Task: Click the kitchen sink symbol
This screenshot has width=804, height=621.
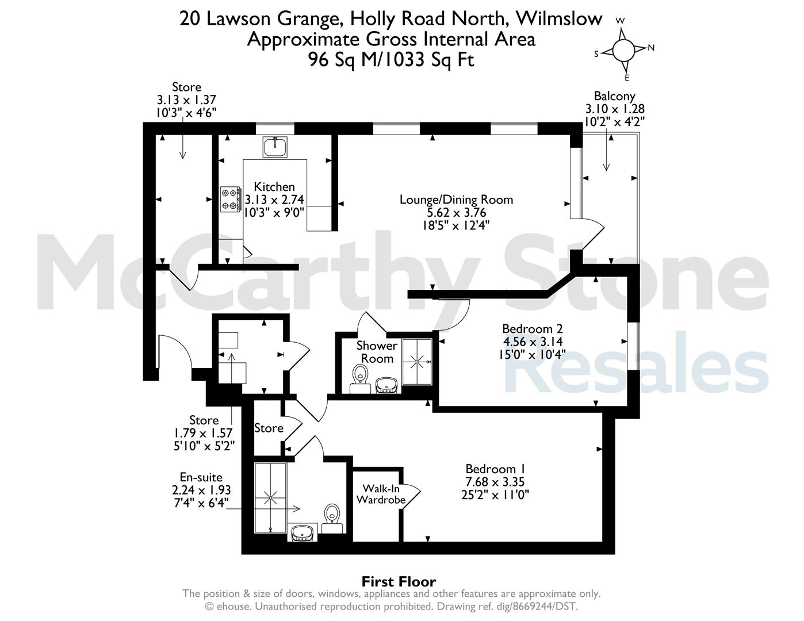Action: point(275,147)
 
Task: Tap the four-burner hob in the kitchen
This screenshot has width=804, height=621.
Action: point(230,200)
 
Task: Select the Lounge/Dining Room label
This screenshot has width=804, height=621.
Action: point(456,200)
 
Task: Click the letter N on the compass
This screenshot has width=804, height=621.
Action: point(651,47)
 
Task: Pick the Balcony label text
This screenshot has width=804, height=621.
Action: point(615,96)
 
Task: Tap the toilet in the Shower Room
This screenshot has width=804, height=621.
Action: point(360,378)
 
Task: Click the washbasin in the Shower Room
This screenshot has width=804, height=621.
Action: point(386,385)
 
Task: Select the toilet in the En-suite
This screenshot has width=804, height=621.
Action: point(332,519)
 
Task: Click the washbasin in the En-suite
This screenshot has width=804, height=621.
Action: point(303,532)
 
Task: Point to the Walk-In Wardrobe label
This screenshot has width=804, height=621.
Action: point(381,494)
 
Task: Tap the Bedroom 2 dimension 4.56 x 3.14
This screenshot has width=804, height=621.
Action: point(533,342)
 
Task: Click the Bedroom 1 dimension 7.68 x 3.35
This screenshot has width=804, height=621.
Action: point(495,482)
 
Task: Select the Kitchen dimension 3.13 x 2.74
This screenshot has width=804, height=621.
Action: point(274,200)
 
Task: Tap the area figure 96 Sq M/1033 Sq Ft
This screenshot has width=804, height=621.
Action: point(392,60)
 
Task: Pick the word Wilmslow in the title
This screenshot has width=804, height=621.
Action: point(559,19)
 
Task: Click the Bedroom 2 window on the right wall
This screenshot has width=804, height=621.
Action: point(633,346)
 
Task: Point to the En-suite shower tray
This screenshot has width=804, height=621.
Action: point(271,498)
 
